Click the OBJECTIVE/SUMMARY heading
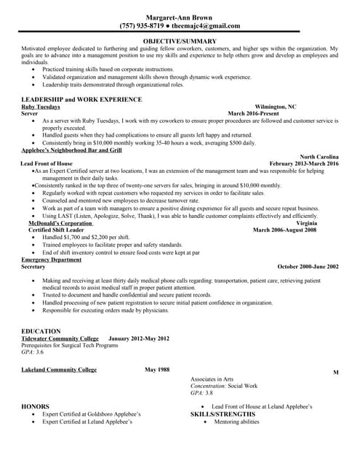click(180, 41)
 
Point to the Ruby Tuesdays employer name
click(41, 106)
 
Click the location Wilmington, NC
click(276, 106)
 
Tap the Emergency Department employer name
click(51, 259)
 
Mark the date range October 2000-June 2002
click(308, 267)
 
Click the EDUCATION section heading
click(41, 331)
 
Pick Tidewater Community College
click(59, 339)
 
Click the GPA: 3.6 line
click(33, 352)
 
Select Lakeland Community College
click(59, 370)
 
